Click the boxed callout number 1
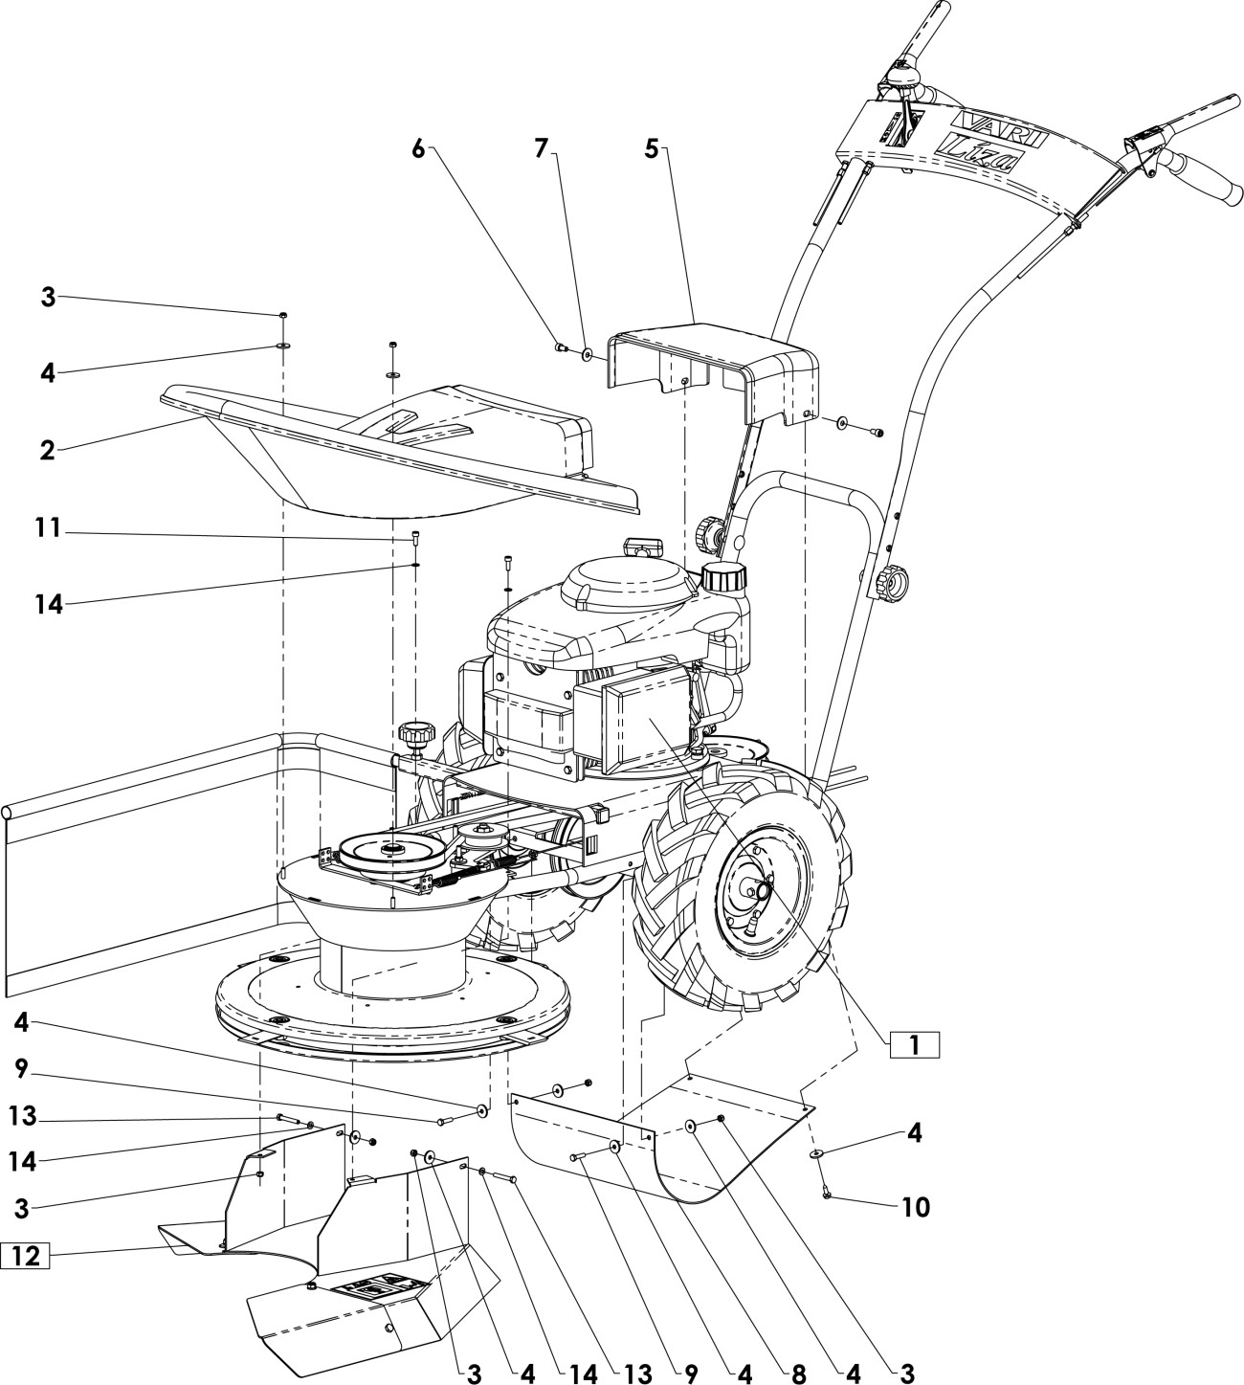[914, 1044]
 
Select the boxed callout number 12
[25, 1255]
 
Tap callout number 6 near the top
[418, 149]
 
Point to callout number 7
[542, 148]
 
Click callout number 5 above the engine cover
[652, 148]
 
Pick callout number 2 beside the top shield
[47, 451]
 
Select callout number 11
[48, 528]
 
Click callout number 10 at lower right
[916, 1208]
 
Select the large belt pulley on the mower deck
[391, 850]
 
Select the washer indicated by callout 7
[587, 355]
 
